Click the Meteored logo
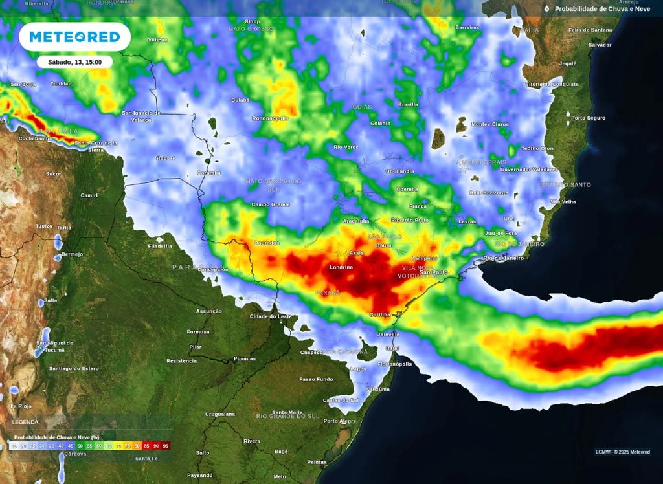pyautogui.click(x=74, y=37)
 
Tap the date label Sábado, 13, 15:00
pyautogui.click(x=74, y=62)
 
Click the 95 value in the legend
pyautogui.click(x=166, y=446)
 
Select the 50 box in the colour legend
pyautogui.click(x=80, y=446)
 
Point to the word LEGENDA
pyautogui.click(x=25, y=422)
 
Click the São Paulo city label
pyautogui.click(x=433, y=272)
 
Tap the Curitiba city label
pyautogui.click(x=380, y=314)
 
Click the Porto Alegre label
pyautogui.click(x=339, y=421)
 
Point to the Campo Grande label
pyautogui.click(x=271, y=204)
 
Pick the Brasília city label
pyautogui.click(x=408, y=104)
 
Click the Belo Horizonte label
pyautogui.click(x=489, y=193)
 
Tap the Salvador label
pyautogui.click(x=600, y=45)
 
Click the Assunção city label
pyautogui.click(x=208, y=311)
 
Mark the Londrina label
pyautogui.click(x=341, y=267)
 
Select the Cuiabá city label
pyautogui.click(x=240, y=100)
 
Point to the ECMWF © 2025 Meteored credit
pyautogui.click(x=622, y=452)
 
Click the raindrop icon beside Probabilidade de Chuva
pyautogui.click(x=546, y=8)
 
